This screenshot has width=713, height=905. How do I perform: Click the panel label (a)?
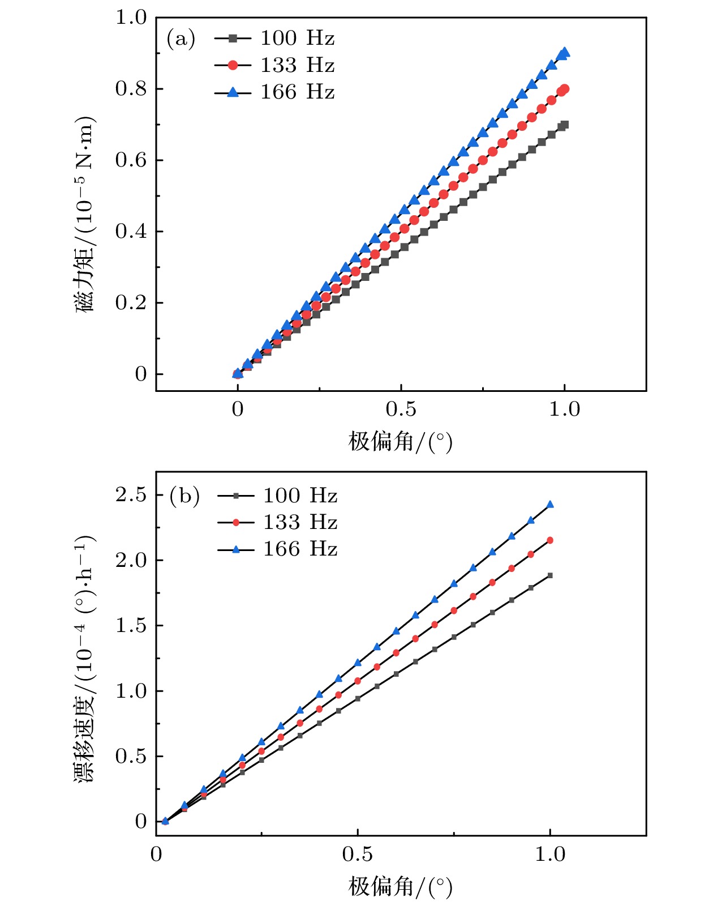181,39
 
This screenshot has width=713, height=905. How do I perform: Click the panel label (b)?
184,496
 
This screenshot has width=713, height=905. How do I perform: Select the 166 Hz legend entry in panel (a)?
274,92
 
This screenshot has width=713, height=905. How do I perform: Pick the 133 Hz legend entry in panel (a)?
274,65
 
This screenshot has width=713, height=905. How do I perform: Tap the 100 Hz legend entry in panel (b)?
277,496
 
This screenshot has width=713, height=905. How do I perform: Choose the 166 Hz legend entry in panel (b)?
277,549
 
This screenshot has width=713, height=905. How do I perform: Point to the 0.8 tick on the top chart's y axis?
131,89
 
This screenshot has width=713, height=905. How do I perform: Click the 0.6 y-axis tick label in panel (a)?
131,160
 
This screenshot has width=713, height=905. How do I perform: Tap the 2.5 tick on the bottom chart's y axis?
131,495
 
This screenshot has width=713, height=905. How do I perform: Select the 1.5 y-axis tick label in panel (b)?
131,626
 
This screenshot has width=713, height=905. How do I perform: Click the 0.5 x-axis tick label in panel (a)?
401,409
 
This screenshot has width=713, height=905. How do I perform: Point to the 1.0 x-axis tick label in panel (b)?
550,854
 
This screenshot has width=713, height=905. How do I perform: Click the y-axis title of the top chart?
85,215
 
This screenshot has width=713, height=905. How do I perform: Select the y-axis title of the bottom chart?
85,657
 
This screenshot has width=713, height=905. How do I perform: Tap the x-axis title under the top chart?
401,441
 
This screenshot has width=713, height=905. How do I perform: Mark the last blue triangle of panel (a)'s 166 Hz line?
565,53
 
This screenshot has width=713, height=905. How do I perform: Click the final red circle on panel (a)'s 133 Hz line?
564,89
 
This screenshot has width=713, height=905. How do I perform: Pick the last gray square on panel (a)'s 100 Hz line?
564,125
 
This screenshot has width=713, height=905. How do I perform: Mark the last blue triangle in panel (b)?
550,505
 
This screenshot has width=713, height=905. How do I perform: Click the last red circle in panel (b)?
550,540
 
